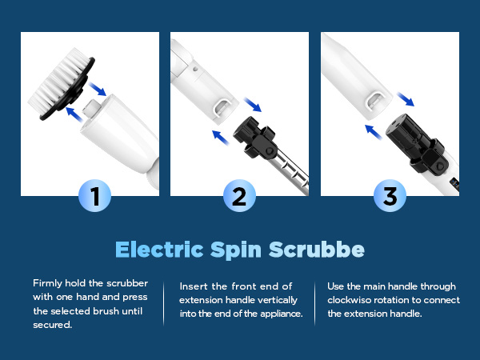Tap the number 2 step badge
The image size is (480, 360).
click(239, 196)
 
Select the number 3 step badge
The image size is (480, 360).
click(390, 196)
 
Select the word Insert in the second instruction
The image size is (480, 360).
click(194, 286)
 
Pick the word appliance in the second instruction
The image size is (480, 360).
click(279, 314)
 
